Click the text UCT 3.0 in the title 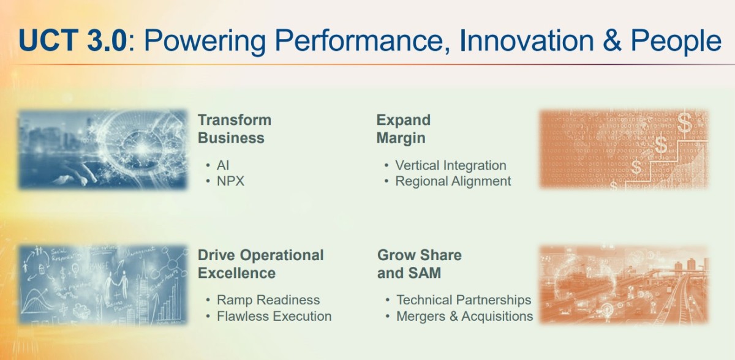tap(72, 40)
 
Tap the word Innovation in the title tap(527, 40)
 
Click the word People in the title tap(676, 42)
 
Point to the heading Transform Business tap(234, 129)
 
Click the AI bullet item tap(223, 165)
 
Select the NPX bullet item tap(230, 181)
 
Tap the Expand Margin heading tap(403, 129)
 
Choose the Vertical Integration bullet tap(451, 165)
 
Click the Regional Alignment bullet tap(453, 181)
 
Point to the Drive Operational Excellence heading tap(260, 264)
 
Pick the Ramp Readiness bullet tap(268, 299)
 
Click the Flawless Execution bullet tap(274, 316)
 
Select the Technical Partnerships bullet tap(464, 299)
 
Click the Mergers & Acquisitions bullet tap(465, 316)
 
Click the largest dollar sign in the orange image tap(684, 122)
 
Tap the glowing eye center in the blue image tap(141, 149)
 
